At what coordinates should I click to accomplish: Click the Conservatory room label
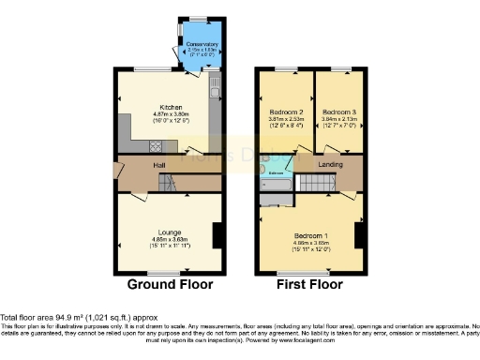click(202, 44)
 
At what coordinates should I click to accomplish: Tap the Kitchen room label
click(170, 107)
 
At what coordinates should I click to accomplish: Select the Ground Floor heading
click(170, 284)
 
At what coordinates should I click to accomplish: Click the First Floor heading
click(308, 284)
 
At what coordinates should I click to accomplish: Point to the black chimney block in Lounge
click(217, 235)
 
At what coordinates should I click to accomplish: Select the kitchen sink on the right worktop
click(215, 92)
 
